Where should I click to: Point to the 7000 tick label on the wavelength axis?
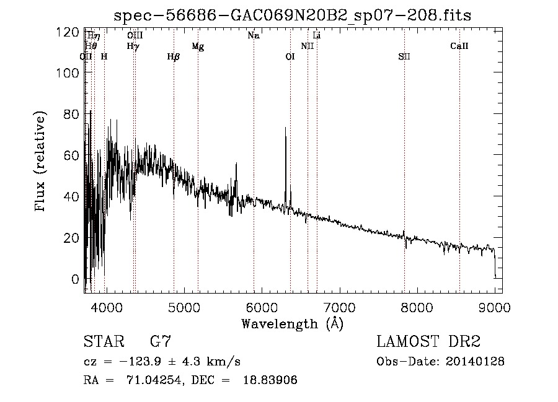(339, 307)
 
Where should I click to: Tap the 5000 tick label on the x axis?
(183, 307)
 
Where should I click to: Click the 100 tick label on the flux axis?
(68, 72)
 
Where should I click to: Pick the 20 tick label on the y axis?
(71, 238)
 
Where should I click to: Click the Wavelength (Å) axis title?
(291, 323)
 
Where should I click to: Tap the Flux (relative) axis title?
(42, 162)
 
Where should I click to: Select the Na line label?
(253, 35)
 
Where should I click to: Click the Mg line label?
(198, 46)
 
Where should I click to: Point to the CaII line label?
(459, 46)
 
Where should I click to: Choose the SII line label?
(404, 57)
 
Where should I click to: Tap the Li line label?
(316, 35)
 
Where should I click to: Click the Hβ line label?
(174, 57)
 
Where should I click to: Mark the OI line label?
(290, 57)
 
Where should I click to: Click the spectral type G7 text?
(161, 341)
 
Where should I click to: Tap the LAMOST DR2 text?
(428, 341)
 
